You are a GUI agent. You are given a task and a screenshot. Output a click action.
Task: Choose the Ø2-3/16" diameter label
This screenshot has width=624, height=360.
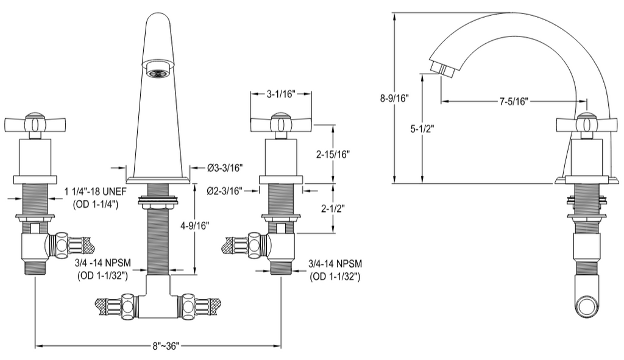[225, 191]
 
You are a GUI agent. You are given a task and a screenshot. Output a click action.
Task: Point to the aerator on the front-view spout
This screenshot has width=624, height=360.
[157, 72]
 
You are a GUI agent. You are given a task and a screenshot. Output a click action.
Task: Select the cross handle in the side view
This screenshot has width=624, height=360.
[586, 124]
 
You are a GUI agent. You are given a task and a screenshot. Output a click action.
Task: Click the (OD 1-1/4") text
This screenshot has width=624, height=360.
[96, 204]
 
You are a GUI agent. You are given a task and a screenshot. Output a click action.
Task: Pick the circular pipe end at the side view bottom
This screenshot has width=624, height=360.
[589, 306]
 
